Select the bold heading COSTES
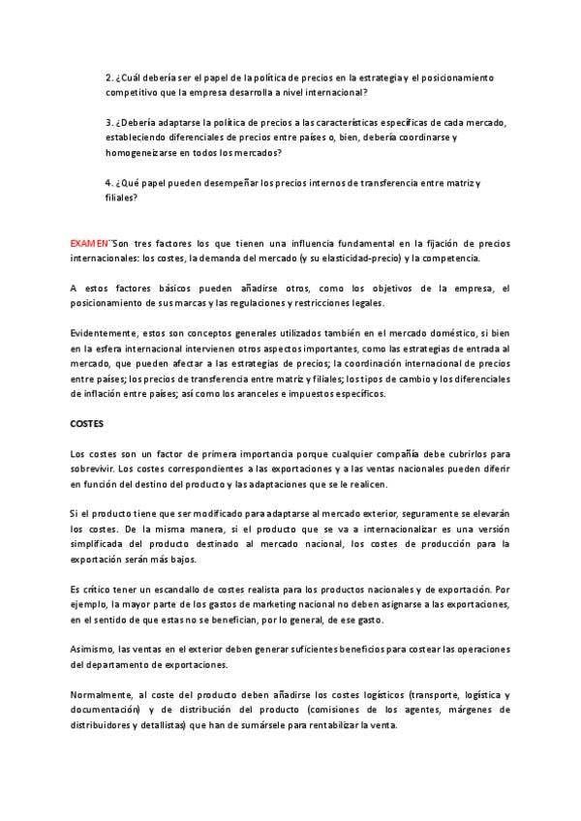point(88,423)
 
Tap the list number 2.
point(108,77)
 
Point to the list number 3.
point(108,124)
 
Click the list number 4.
point(108,184)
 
